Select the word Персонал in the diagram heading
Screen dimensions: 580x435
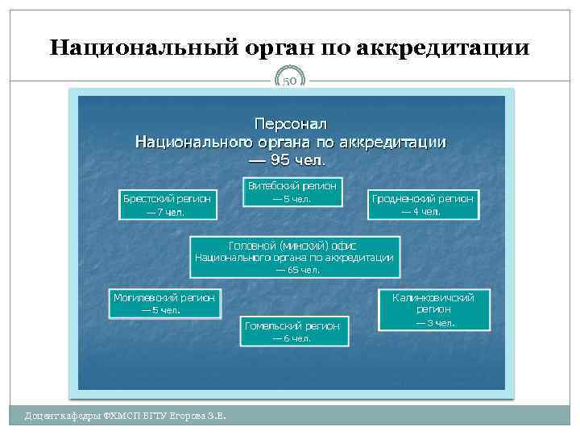pos(290,125)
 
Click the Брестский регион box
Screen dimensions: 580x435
pos(167,205)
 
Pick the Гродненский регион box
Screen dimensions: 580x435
pos(423,205)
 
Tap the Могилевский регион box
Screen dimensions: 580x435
pos(165,304)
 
